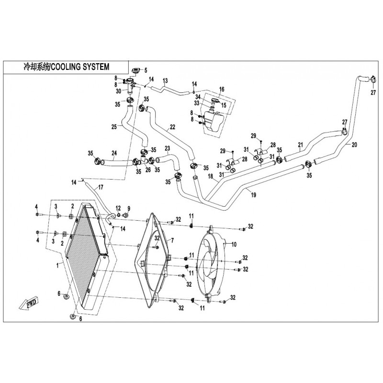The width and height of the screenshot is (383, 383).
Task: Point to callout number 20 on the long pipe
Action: point(354,145)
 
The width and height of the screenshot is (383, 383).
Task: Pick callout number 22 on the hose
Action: point(172,127)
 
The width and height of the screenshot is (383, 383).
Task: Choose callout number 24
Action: point(114,154)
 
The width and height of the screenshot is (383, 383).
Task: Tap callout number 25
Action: point(114,127)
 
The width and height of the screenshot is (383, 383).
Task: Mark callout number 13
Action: point(166,80)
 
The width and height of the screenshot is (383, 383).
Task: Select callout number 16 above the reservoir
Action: point(222,90)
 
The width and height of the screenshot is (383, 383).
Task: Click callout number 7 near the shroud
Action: point(172,239)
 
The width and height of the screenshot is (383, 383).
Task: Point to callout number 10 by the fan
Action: point(234,244)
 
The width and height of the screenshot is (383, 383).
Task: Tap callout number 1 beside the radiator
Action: point(58,264)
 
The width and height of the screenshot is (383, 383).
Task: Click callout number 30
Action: point(118,91)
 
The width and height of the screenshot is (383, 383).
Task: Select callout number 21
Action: point(300,144)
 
